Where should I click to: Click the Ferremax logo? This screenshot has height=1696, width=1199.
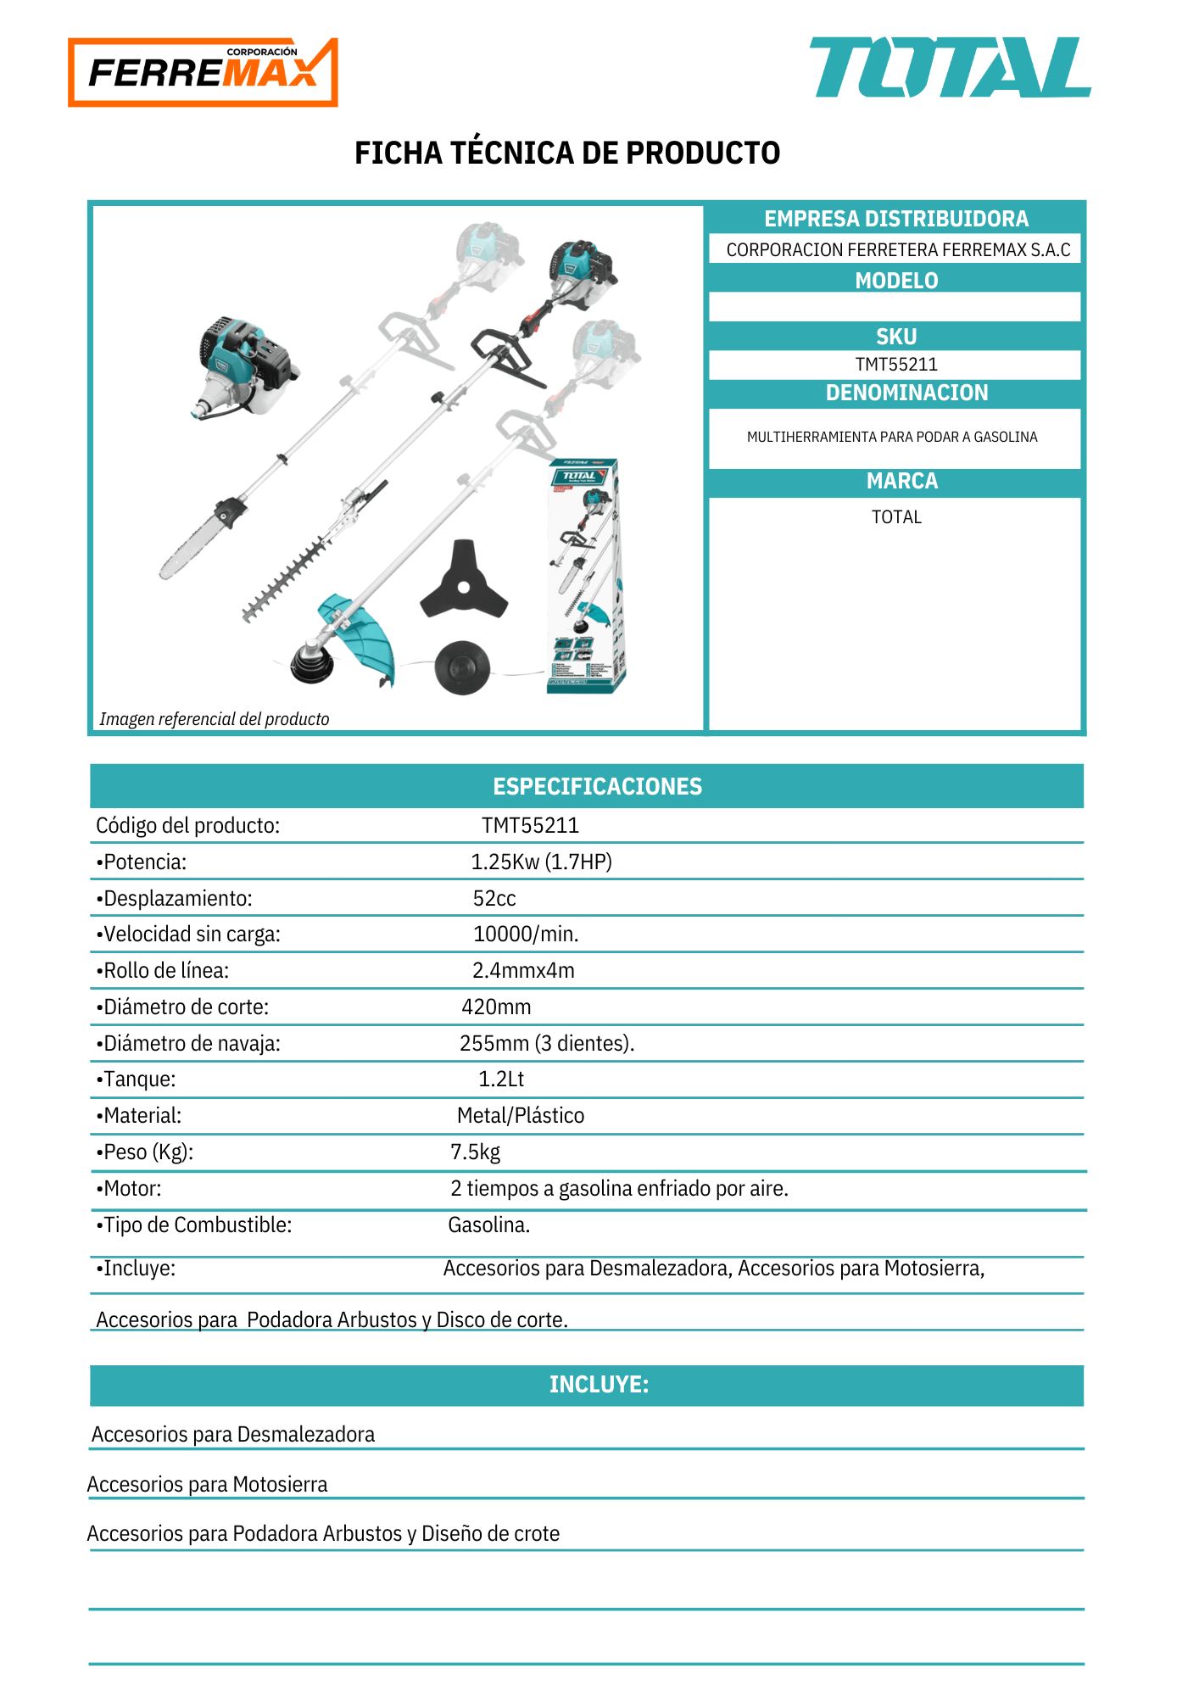tap(203, 72)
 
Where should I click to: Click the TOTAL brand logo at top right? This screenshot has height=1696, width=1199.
tap(950, 68)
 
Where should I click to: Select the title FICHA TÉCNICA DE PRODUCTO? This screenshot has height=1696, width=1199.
tap(567, 153)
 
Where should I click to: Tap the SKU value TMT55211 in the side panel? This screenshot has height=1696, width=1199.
tap(896, 365)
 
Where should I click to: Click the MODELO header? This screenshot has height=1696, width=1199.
tap(896, 281)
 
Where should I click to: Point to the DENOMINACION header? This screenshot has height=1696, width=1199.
tap(906, 393)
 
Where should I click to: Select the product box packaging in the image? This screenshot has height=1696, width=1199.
tap(586, 577)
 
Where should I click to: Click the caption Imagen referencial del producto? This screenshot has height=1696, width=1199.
tap(215, 719)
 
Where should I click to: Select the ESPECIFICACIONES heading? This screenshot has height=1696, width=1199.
tap(597, 786)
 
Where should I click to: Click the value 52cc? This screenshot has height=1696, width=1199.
tap(494, 898)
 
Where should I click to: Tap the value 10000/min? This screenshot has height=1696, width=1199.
tap(526, 934)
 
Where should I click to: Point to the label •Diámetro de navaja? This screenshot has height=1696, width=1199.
tap(188, 1043)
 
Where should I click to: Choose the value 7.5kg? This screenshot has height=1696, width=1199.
tap(475, 1152)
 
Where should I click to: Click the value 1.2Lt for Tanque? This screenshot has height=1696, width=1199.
tap(501, 1079)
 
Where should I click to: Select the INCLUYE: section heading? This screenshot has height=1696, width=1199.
tap(599, 1384)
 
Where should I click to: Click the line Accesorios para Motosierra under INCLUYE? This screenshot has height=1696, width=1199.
tap(207, 1484)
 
